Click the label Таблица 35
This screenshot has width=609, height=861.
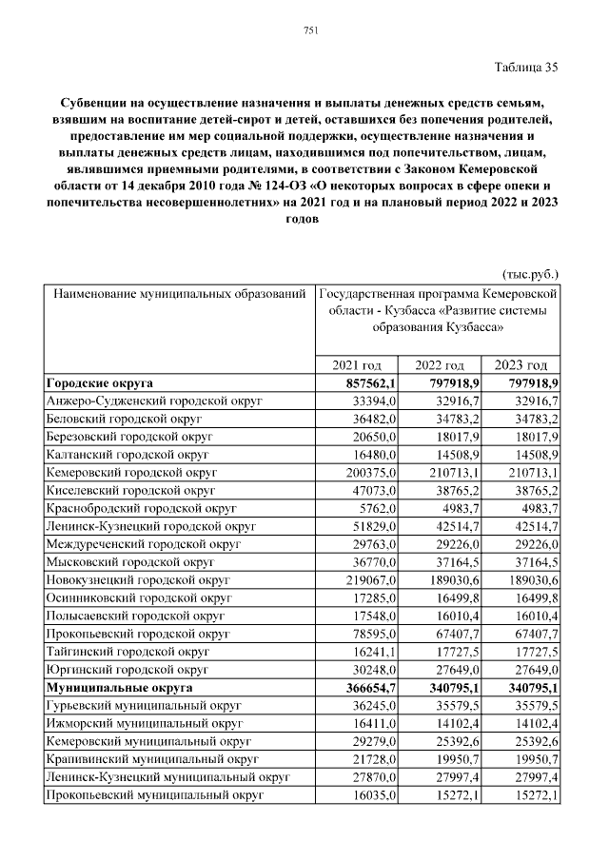coord(525,67)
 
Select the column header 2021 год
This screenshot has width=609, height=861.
coord(357,365)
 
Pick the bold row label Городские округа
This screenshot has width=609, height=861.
coord(100,382)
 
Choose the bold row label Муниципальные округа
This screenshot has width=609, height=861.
coord(119,686)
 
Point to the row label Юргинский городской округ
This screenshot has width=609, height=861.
coord(127,668)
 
